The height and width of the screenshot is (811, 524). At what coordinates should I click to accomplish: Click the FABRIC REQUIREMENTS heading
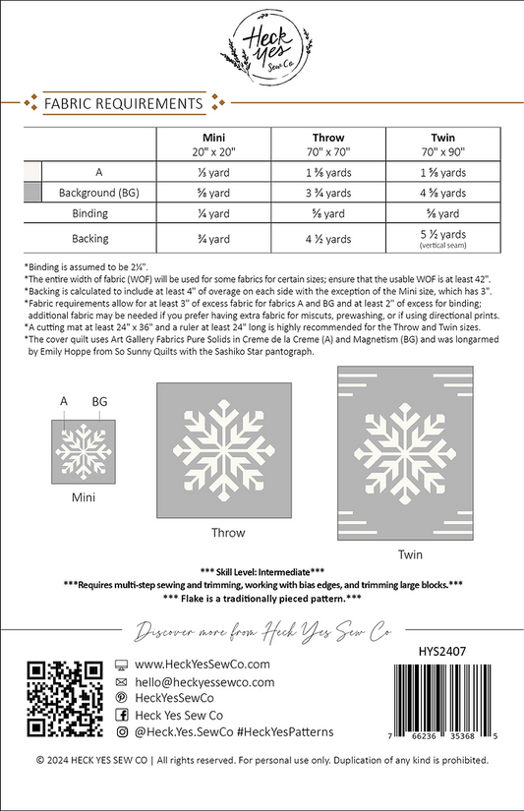pos(117,102)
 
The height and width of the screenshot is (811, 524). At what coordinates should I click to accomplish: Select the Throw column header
pos(328,144)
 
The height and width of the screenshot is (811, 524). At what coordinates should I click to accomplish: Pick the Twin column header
pos(442,144)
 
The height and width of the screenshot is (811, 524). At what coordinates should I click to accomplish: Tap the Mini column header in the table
pos(214,144)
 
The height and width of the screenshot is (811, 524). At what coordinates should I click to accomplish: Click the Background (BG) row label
pos(96,192)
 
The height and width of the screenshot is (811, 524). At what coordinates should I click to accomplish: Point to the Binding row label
pos(96,212)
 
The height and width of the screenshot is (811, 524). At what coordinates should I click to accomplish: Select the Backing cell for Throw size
pos(328,237)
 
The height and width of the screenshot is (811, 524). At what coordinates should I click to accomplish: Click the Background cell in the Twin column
pos(442,192)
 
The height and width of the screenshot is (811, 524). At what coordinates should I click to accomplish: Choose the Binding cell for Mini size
pos(214,212)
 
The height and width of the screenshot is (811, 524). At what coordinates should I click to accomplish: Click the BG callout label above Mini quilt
pos(99,402)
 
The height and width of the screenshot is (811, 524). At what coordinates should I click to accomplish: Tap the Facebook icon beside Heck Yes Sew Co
pos(122,715)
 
